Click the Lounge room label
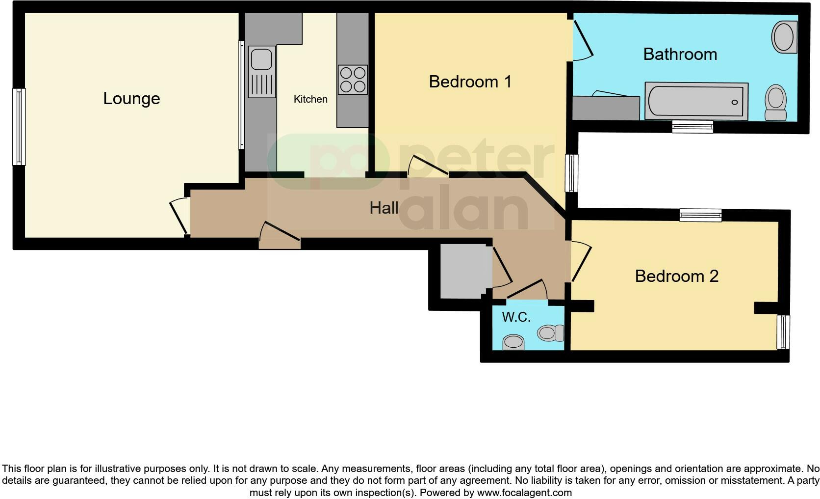[131, 99]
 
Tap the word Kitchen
[310, 99]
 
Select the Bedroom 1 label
[470, 82]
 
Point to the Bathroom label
[680, 54]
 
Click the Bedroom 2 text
[676, 276]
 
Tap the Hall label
[384, 208]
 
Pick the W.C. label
[516, 317]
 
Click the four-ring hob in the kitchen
[353, 80]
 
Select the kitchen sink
[261, 59]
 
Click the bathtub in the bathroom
[696, 101]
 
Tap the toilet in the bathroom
[775, 102]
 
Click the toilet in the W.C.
[550, 333]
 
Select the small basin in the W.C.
[513, 342]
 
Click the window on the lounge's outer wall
[19, 127]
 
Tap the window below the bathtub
[692, 127]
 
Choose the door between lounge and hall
[179, 216]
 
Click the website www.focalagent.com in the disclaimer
[524, 492]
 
